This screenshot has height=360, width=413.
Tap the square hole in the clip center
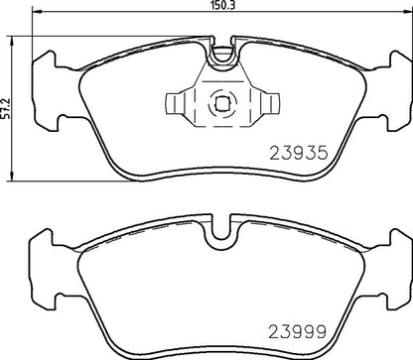pyautogui.click(x=220, y=101)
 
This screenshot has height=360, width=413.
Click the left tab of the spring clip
pyautogui.click(x=176, y=101)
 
